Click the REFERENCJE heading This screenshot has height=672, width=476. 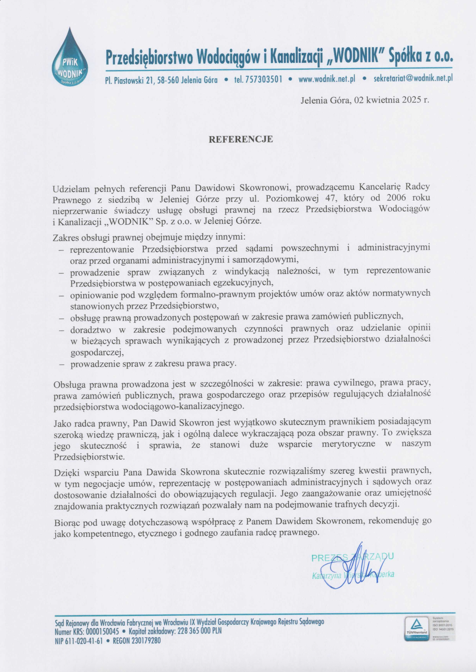(x=241, y=139)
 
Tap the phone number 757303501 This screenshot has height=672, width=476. (x=263, y=79)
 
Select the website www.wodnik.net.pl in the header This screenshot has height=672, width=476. (x=327, y=79)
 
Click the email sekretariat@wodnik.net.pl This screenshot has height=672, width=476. (x=413, y=79)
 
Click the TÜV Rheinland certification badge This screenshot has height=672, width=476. (x=416, y=629)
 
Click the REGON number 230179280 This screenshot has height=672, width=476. (x=146, y=641)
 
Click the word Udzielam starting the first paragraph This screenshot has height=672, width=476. (x=71, y=189)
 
